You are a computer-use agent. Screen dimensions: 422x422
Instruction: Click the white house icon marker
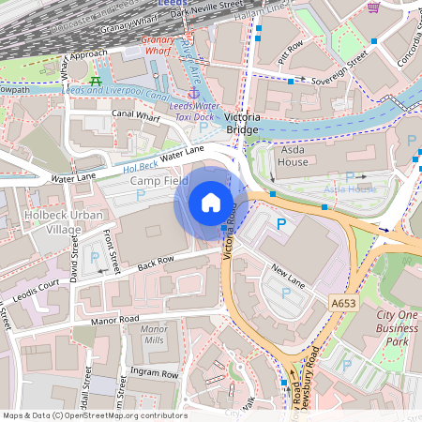coord(211,202)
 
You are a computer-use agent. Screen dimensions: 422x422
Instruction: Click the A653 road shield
coord(344,303)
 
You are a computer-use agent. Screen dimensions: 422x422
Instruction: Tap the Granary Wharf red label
coord(159,47)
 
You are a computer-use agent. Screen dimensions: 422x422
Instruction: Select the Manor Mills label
coord(152,335)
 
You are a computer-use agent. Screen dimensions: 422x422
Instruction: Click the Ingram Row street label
coord(154,372)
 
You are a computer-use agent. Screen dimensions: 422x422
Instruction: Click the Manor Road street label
coord(115,320)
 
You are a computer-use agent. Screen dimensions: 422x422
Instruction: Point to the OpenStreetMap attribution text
coord(94,414)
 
